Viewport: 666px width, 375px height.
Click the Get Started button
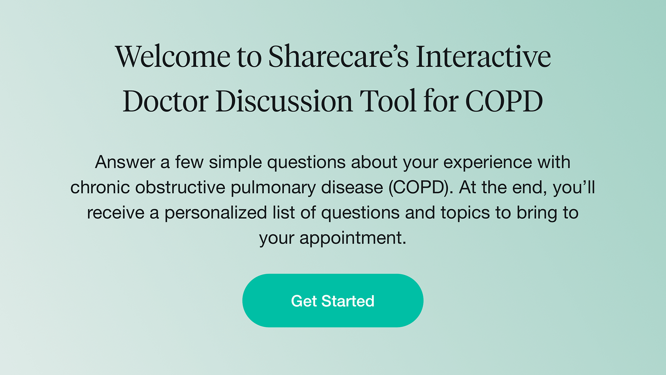pyautogui.click(x=333, y=301)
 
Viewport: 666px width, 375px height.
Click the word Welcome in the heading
pyautogui.click(x=173, y=57)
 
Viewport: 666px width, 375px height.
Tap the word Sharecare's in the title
pyautogui.click(x=338, y=57)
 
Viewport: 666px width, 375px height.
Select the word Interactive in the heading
pyautogui.click(x=483, y=57)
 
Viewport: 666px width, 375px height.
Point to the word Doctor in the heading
pyautogui.click(x=165, y=101)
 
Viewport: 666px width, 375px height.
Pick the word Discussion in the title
pyautogui.click(x=284, y=101)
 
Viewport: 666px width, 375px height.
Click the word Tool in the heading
pyautogui.click(x=388, y=101)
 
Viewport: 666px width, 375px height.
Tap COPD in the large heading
pyautogui.click(x=504, y=101)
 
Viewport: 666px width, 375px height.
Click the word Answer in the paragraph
pyautogui.click(x=125, y=162)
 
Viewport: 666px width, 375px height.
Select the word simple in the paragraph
pyautogui.click(x=235, y=162)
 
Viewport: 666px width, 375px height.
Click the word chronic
pyautogui.click(x=100, y=187)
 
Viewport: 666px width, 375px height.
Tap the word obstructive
pyautogui.click(x=180, y=187)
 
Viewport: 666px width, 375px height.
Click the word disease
pyautogui.click(x=352, y=187)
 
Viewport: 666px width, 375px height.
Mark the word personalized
pyautogui.click(x=215, y=213)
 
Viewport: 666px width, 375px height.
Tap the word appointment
pyautogui.click(x=352, y=238)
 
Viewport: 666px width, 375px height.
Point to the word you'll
pyautogui.click(x=574, y=187)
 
